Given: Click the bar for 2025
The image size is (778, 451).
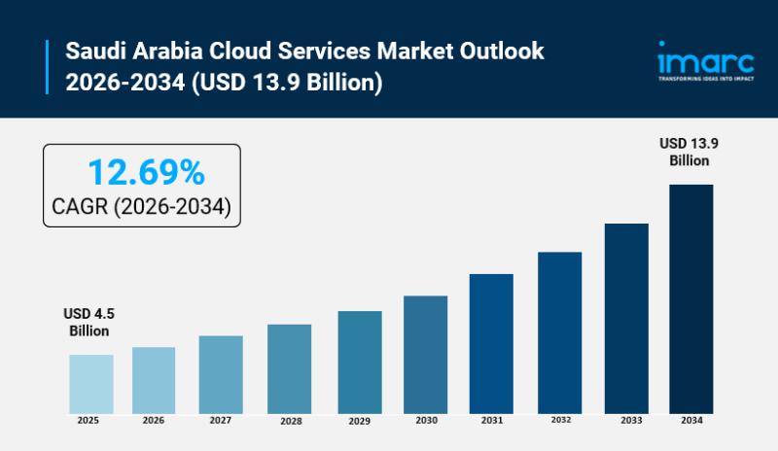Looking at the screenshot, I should click(90, 383).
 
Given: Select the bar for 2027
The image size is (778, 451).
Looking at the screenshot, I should click(221, 373).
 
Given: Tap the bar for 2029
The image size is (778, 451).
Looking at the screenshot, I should click(360, 362).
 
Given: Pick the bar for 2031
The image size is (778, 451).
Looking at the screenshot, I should click(491, 343).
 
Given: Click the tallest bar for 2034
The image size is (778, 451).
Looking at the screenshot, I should click(690, 297).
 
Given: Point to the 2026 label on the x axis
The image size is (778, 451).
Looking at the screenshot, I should click(154, 421).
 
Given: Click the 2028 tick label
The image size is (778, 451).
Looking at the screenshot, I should click(289, 422).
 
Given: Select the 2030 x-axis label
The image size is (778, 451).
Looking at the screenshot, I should click(425, 422).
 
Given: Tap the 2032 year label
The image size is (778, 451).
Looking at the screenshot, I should click(559, 421).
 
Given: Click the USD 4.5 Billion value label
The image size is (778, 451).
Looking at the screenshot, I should click(88, 322).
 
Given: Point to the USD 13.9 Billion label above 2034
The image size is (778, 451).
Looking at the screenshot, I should click(689, 152).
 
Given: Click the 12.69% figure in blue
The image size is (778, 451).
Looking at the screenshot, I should click(146, 173).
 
